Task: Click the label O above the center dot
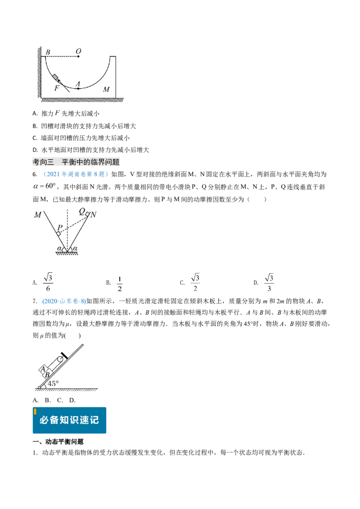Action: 78,51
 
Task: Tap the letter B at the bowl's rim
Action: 48,52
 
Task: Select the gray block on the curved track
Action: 56,78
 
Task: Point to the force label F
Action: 56,89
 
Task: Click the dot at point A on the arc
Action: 78,89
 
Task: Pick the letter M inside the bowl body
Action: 106,89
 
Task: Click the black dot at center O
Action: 78,57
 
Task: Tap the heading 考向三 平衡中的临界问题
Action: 76,162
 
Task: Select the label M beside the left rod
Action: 37,214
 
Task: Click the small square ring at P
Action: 59,234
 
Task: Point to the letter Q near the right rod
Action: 82,210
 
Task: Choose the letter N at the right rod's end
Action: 93,215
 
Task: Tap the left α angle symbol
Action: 59,248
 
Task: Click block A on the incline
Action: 43,369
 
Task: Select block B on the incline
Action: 47,375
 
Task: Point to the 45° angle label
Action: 53,384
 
